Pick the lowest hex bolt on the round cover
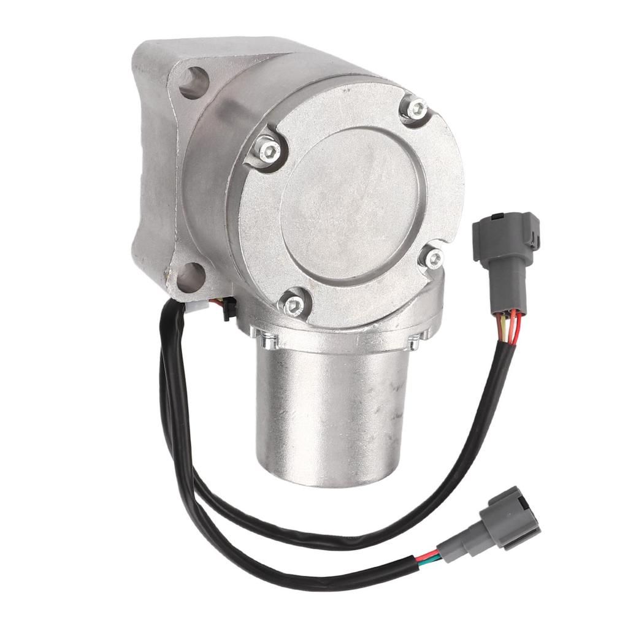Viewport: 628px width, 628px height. coord(294,303)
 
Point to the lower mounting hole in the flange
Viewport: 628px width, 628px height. coord(190,277)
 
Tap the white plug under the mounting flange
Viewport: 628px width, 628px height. coord(196,305)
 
